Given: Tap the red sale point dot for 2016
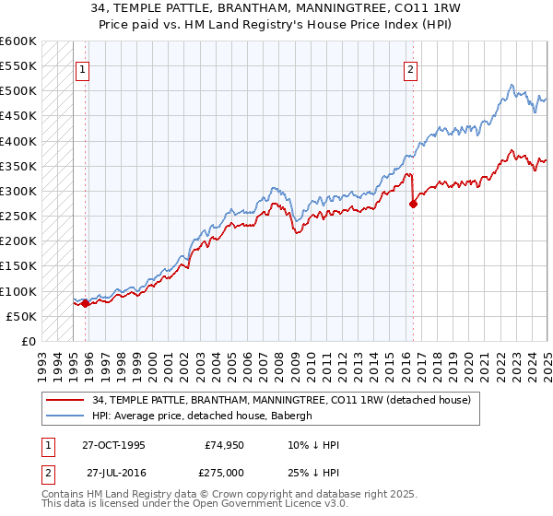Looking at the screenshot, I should (413, 204).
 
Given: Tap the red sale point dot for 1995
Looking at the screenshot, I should (85, 303).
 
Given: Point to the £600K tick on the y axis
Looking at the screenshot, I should (18, 41).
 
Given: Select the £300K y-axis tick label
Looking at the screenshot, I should (18, 192).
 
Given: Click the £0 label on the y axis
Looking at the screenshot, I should (28, 341).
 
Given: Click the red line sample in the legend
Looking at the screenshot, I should (65, 400).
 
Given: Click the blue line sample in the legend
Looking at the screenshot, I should (65, 416).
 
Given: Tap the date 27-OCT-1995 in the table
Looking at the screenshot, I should (113, 444).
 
